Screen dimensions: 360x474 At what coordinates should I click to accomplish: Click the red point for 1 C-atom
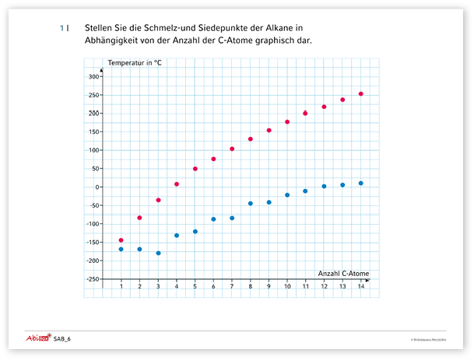121,240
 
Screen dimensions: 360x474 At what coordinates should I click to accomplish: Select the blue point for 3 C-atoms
158,253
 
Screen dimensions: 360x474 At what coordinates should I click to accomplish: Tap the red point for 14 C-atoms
361,94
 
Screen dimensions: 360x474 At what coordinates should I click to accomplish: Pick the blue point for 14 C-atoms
361,183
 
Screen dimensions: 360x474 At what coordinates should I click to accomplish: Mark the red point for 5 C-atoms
195,169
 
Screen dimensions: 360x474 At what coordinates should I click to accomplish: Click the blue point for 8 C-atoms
251,204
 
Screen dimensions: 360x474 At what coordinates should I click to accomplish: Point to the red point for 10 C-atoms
287,122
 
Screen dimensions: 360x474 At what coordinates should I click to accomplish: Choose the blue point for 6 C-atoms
213,219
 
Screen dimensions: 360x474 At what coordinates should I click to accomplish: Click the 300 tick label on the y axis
94,76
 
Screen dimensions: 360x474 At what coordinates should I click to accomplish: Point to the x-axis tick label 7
232,287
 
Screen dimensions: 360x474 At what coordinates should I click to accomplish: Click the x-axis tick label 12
324,287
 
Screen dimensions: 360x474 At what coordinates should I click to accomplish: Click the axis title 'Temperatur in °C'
134,61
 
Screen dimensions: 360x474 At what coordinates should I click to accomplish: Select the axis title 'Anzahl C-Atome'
343,273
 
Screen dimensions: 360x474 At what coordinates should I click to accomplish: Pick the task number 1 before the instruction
61,28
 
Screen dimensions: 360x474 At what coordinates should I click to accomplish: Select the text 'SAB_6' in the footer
62,340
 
